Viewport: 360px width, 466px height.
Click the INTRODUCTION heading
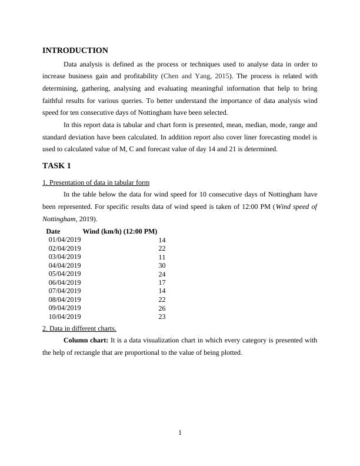point(75,51)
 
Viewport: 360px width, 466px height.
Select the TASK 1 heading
point(57,166)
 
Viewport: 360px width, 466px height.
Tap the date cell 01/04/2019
point(65,240)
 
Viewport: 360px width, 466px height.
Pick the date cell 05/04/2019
point(65,274)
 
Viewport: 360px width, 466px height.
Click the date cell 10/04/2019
point(65,317)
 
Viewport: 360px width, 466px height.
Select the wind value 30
point(162,266)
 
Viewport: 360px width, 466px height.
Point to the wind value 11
point(162,257)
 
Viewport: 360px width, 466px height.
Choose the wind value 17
point(162,283)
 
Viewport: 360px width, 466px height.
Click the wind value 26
point(162,308)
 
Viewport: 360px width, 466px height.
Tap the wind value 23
point(162,317)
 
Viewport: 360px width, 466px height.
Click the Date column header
point(53,231)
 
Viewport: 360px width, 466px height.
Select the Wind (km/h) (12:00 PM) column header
point(120,231)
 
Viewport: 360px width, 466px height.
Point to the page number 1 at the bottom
point(180,434)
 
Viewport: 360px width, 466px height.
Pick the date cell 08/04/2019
point(65,299)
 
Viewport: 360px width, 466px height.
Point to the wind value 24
point(162,274)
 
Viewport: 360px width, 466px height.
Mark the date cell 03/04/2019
point(65,257)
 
